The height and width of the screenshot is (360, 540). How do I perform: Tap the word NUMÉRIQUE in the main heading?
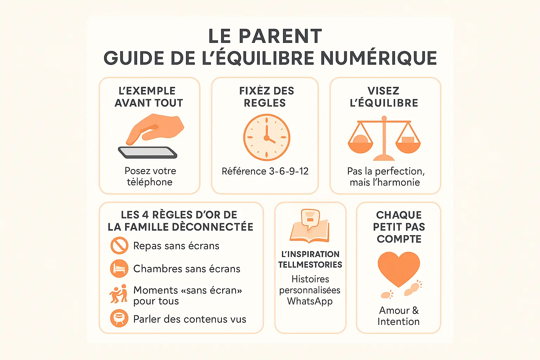point(379,58)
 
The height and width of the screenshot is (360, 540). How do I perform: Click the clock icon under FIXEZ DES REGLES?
point(266,137)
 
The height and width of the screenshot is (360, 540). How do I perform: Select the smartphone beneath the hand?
point(148,153)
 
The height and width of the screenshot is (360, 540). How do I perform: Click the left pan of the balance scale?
point(360,144)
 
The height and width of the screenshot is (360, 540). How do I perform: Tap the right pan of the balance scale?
point(408,144)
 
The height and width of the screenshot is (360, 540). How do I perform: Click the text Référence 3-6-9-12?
point(265,171)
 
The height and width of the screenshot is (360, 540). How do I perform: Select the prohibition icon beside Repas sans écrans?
point(119,245)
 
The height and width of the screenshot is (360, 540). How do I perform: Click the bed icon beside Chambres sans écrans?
point(119,269)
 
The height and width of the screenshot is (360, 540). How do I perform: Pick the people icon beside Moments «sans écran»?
point(118,294)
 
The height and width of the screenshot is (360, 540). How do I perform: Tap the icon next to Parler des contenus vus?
point(119,318)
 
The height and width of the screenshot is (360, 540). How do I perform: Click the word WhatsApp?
point(310,301)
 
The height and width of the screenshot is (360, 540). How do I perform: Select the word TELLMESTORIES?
point(310,265)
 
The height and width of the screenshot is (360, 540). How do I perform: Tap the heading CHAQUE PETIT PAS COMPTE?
point(399,227)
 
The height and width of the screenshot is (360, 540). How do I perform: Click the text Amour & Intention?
point(399,316)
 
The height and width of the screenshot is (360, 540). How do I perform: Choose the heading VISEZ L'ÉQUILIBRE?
point(384,97)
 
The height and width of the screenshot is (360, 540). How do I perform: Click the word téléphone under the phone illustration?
point(150,182)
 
